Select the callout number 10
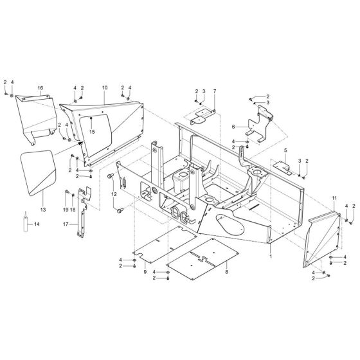[x=105, y=87]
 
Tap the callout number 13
[x=43, y=210]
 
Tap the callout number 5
[x=281, y=150]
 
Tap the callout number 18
[x=73, y=210]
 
